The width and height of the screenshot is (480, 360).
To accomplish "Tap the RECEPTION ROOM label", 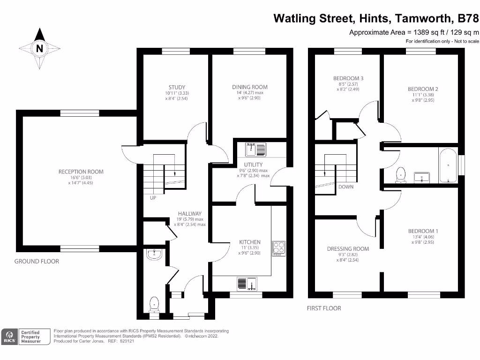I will tap(81, 172).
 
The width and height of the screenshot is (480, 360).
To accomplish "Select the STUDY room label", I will tap(177, 87).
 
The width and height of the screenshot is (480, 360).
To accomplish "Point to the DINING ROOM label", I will tap(250, 87).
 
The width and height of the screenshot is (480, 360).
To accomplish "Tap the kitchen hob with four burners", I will tap(278, 247).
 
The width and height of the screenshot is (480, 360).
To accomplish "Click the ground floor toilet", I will tap(154, 304).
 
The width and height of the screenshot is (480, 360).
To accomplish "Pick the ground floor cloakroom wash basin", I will tap(154, 255).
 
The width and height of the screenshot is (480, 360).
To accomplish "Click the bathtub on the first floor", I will tap(448, 165).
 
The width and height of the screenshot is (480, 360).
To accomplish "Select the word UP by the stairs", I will tap(152, 198).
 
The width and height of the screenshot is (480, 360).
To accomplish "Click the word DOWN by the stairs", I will tap(345, 187).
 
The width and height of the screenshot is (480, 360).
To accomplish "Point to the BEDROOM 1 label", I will tap(423, 231).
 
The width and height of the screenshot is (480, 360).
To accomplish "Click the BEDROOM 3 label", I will tap(348, 78).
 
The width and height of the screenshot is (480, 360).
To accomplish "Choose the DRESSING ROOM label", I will tap(348, 249).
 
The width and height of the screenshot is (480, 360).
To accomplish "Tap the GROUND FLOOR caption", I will tap(37, 261).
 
